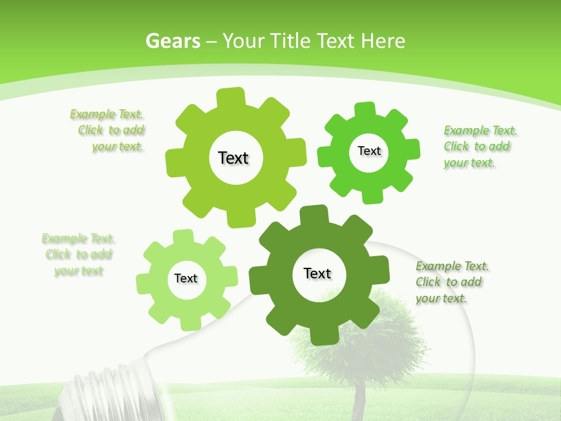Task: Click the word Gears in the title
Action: coord(173,41)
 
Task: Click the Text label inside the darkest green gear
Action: coord(317,274)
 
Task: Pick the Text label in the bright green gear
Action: coord(369,151)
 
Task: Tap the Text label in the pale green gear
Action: coord(186,279)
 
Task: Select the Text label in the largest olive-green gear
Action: coord(234,158)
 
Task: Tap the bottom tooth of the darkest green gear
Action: coord(320,335)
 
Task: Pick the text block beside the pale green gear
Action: coord(78,254)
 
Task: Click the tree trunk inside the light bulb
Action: coord(358,398)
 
